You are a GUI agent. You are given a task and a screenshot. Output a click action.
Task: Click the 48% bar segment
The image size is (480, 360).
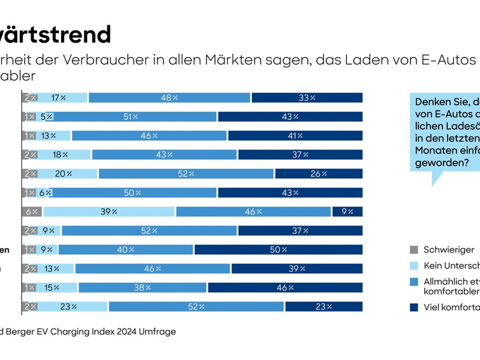[169, 98]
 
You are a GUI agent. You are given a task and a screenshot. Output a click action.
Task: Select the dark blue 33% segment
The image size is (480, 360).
[307, 98]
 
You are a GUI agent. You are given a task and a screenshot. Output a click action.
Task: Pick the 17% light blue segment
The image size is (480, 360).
[59, 98]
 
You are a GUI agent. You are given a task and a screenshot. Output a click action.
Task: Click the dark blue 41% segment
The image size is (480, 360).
[295, 136]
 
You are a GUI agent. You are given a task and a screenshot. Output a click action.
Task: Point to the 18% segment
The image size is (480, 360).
[61, 155]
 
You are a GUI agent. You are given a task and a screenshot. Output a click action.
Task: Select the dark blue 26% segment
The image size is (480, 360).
[319, 174]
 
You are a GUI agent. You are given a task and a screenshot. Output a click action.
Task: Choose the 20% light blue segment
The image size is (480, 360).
[65, 174]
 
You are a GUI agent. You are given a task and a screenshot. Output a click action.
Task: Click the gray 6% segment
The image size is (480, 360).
[32, 212]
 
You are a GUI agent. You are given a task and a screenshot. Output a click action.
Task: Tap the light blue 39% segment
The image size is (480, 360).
[109, 212]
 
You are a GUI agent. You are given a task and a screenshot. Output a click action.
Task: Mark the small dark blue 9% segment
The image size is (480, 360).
[347, 212]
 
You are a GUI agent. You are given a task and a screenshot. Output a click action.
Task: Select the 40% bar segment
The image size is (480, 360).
[126, 250]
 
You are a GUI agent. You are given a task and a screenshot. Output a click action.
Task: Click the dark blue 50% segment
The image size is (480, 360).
[278, 250]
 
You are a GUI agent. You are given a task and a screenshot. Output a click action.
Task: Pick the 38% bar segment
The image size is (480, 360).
[142, 287]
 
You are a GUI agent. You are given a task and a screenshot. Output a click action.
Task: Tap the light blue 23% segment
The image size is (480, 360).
[69, 307]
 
